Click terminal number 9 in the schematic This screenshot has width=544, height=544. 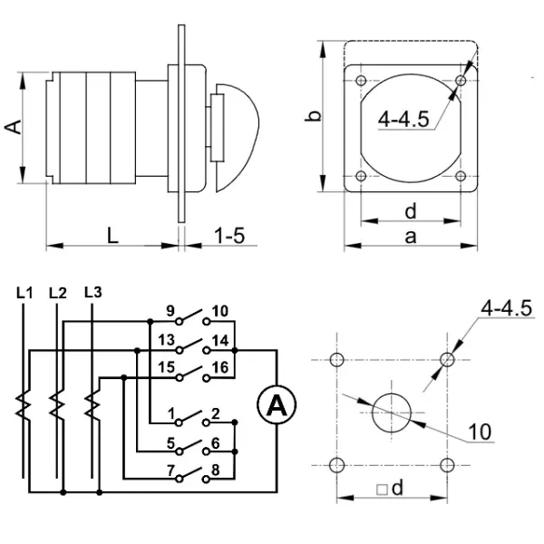point(170,312)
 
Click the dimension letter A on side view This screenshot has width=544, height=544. point(14,128)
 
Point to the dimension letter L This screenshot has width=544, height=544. point(112,236)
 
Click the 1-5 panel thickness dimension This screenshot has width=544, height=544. point(228,236)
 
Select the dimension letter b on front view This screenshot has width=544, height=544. point(312,115)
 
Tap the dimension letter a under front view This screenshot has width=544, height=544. point(410,237)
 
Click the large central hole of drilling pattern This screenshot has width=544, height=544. point(392,413)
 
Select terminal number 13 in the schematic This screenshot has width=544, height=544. point(165,341)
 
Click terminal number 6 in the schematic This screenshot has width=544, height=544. point(215,443)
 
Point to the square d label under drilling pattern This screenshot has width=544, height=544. point(390,489)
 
